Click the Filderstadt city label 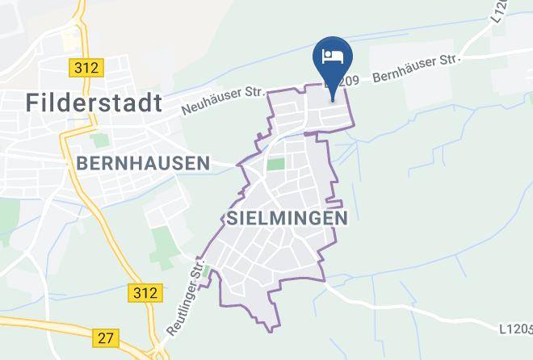(x=94, y=102)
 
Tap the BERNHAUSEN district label (x=142, y=163)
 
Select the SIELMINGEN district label (x=287, y=218)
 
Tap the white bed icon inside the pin (x=332, y=56)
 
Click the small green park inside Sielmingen (x=275, y=165)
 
